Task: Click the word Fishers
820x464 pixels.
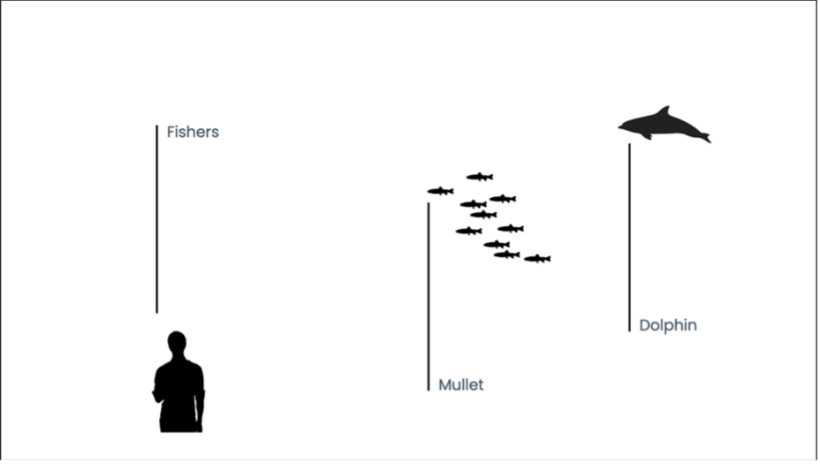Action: point(193,133)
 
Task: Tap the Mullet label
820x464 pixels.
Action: point(461,385)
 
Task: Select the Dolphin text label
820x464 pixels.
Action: point(668,325)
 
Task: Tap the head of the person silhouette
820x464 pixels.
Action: point(177,341)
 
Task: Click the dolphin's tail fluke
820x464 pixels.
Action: point(703,137)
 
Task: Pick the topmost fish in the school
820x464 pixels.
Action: point(480,177)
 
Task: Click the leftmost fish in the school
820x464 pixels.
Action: point(440,191)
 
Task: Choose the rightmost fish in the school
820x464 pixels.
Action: point(537,259)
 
